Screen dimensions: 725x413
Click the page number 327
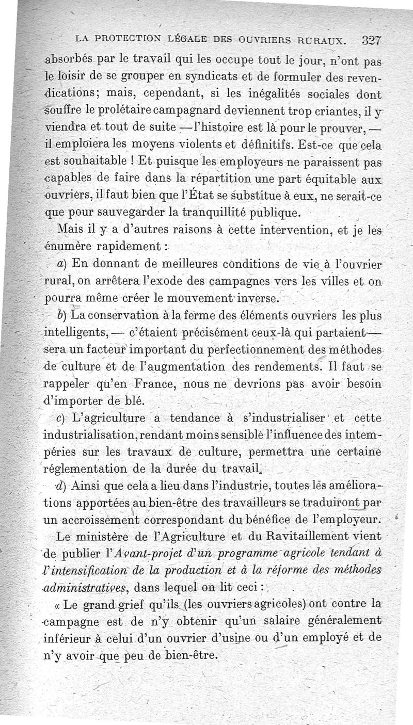(371, 39)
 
